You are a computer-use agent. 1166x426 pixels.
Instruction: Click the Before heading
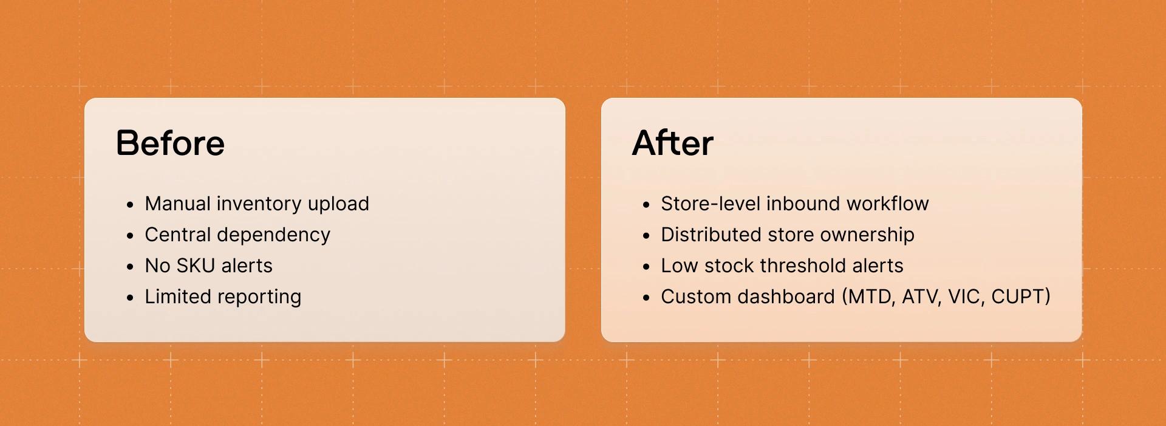tap(170, 143)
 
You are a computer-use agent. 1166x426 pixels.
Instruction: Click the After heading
tap(672, 143)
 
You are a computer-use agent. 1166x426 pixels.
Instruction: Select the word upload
tap(338, 204)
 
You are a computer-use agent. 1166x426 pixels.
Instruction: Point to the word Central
tap(177, 235)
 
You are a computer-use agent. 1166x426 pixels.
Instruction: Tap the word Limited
tap(178, 297)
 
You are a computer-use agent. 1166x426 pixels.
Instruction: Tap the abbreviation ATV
tap(921, 297)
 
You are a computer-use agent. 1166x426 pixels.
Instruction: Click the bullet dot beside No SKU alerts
tap(130, 267)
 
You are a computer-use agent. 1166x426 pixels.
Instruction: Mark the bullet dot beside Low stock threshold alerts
tap(646, 267)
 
